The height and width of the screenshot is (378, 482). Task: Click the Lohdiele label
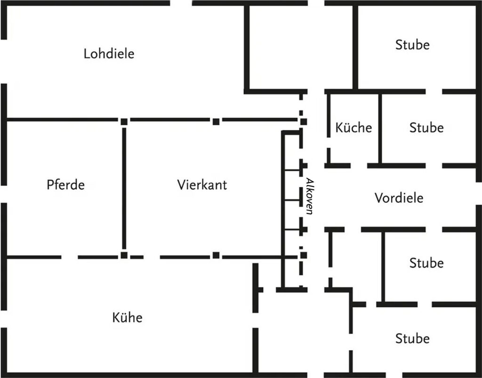[109, 54]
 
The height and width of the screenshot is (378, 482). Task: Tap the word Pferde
[65, 185]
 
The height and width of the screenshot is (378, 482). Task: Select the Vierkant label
[202, 185]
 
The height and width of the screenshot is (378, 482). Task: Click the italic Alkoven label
[309, 196]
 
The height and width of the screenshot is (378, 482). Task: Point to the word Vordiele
[399, 198]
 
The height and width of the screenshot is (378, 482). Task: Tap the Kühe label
[127, 317]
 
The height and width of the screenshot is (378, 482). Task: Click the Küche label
[353, 128]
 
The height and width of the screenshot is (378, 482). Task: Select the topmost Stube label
[412, 45]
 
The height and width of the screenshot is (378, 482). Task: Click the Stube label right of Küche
[426, 128]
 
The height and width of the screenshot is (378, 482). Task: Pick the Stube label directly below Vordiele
[426, 263]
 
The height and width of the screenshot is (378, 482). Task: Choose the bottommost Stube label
[412, 338]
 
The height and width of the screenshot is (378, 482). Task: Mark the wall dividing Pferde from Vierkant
[124, 188]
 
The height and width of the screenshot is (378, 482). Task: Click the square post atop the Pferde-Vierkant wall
[124, 121]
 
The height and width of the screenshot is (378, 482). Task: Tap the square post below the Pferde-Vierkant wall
[124, 255]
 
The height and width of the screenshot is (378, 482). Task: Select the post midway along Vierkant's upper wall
[216, 121]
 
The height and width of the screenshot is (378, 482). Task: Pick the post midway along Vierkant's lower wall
[216, 256]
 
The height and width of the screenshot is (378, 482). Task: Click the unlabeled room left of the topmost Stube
[301, 47]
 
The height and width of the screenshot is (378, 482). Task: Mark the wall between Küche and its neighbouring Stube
[380, 128]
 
